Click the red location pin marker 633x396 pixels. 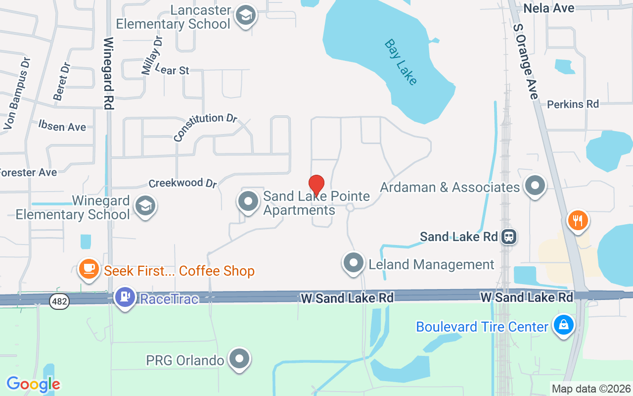316,185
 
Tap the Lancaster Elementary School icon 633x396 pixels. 245,15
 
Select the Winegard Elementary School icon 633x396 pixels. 145,205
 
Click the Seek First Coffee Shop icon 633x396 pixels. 89,268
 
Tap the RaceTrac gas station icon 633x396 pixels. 125,297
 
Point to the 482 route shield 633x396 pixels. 59,300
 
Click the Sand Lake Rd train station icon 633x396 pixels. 508,237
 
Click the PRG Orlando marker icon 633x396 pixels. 240,358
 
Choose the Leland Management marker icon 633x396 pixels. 354,263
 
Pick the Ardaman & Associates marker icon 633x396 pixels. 534,186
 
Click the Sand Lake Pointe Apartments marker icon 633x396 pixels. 248,201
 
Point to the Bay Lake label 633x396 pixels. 401,62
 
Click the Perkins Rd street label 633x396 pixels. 573,104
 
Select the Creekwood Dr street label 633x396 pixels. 183,183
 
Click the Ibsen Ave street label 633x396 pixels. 62,126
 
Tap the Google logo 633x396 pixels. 33,384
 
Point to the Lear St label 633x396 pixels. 172,70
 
